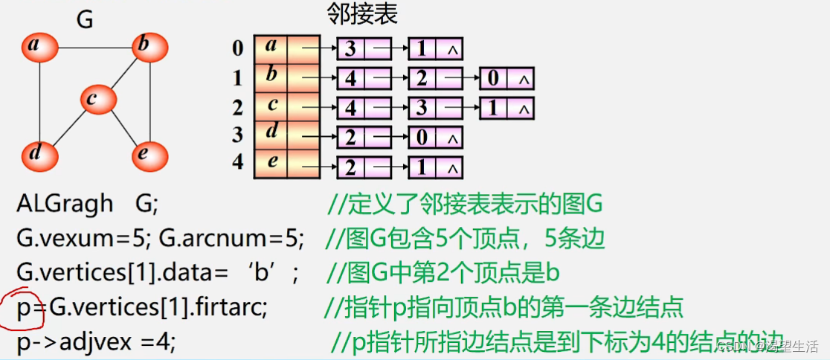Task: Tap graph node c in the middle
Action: coord(98,99)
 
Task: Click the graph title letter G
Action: coord(85,20)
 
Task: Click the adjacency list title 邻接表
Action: coord(362,13)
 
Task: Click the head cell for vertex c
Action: coord(271,106)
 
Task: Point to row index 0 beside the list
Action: coord(237,49)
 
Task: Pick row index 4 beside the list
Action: coord(237,162)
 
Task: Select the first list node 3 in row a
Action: coord(350,49)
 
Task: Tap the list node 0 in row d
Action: coord(422,137)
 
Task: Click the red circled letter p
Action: coord(28,306)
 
